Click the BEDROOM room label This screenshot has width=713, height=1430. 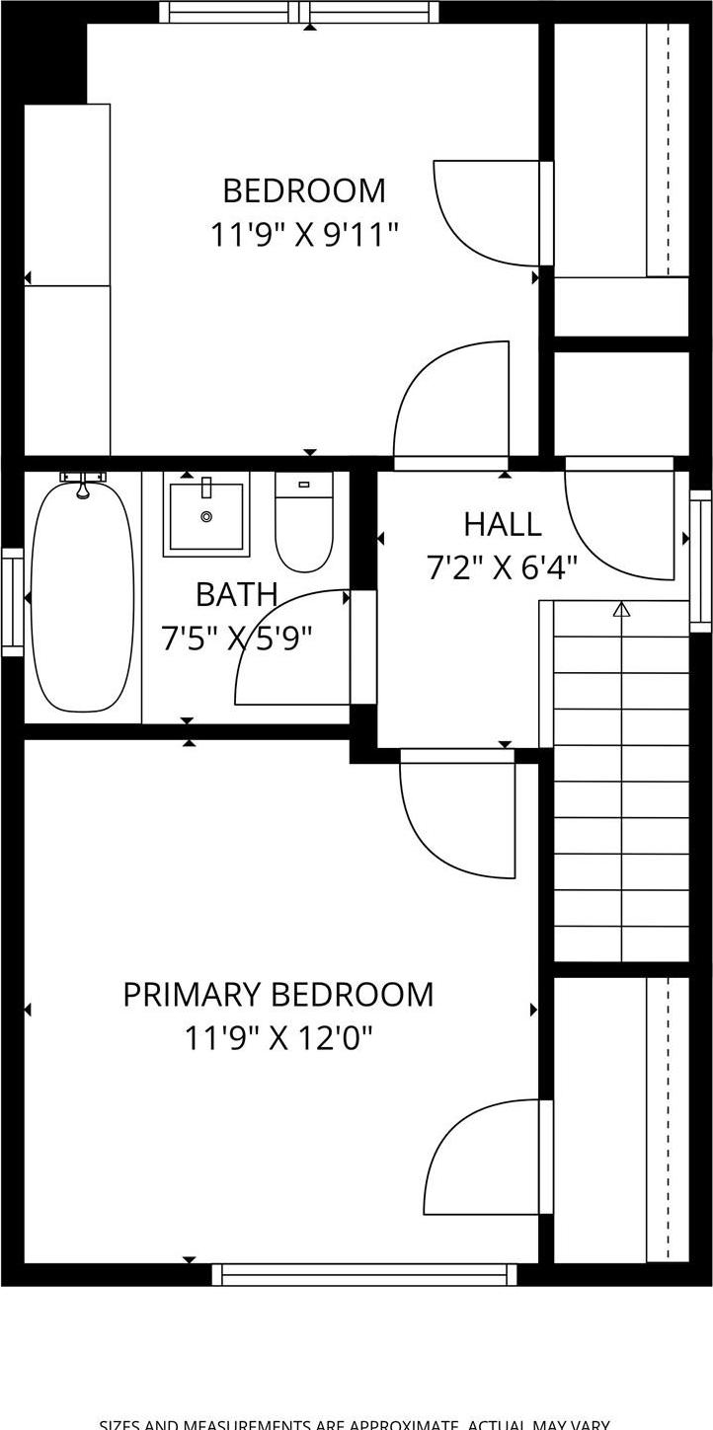coord(303,190)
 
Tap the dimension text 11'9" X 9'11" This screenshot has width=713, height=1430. coord(303,235)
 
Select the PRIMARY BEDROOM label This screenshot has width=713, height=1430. coord(277,994)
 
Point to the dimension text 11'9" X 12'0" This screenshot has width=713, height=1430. coord(277,1038)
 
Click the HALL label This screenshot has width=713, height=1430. coord(502,524)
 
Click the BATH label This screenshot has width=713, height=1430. coord(236,595)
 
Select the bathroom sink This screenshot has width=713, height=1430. coord(206,515)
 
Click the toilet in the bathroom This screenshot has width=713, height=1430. coord(304,522)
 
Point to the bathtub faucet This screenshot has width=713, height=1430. coord(83,484)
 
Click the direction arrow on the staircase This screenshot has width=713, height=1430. coord(621,610)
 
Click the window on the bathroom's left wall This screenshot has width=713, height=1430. coord(12,601)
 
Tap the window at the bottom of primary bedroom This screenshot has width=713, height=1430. coord(364,1275)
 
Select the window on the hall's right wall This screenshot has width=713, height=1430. coord(700,561)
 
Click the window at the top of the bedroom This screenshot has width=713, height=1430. coord(299,12)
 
